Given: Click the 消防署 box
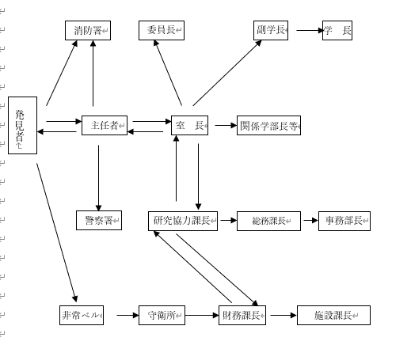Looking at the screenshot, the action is point(88,30).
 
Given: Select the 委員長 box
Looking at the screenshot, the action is point(162,30).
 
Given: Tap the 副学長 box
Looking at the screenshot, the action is point(271,30).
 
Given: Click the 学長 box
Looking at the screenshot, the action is point(337,30).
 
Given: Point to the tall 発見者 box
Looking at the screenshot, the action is point(23,125).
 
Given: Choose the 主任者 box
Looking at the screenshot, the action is point(105,125).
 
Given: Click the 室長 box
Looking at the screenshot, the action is point(190,125).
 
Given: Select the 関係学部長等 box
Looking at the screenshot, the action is point(268,125).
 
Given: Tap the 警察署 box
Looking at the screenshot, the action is point(99,220).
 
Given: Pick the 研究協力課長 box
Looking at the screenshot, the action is point(183,221).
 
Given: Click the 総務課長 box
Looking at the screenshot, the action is point(268,221).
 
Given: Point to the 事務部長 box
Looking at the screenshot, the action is point(344,221).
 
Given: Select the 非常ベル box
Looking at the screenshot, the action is point(82,315).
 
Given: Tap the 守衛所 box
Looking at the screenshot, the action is point(162,315).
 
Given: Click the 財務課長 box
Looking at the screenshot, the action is point(242,315).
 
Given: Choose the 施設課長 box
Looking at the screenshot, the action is point(333,315).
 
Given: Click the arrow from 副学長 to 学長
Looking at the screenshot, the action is point(310,30).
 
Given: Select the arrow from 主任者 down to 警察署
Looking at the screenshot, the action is point(99,178).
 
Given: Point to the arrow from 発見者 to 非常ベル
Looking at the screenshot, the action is point(57,233).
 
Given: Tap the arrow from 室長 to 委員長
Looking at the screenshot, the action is point(168,73).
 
